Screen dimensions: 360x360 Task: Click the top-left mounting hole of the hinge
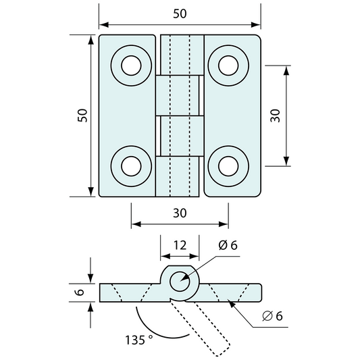(x=131, y=66)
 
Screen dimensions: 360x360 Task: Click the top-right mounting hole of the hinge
(x=228, y=66)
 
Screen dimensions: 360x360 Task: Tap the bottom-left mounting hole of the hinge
(x=131, y=166)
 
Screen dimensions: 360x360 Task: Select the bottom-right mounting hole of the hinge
(x=228, y=166)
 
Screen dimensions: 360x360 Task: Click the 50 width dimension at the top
(x=180, y=14)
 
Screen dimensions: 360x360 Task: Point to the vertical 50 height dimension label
(x=82, y=115)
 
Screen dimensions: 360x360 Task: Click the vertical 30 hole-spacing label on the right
(x=276, y=115)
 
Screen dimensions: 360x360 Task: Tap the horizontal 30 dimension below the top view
(x=180, y=213)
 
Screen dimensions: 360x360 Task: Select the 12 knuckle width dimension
(x=180, y=245)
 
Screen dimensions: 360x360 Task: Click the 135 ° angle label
(x=139, y=340)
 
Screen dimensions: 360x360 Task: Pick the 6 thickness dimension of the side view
(x=80, y=292)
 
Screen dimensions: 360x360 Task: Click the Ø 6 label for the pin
(x=228, y=245)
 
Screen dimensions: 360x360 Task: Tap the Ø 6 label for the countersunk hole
(x=272, y=316)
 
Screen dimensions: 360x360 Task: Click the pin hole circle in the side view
(x=180, y=272)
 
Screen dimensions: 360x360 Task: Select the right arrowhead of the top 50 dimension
(x=256, y=24)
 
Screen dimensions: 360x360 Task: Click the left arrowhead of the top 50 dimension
(x=104, y=24)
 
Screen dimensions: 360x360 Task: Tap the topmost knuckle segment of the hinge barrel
(x=182, y=55)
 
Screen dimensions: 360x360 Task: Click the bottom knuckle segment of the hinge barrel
(x=177, y=176)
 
